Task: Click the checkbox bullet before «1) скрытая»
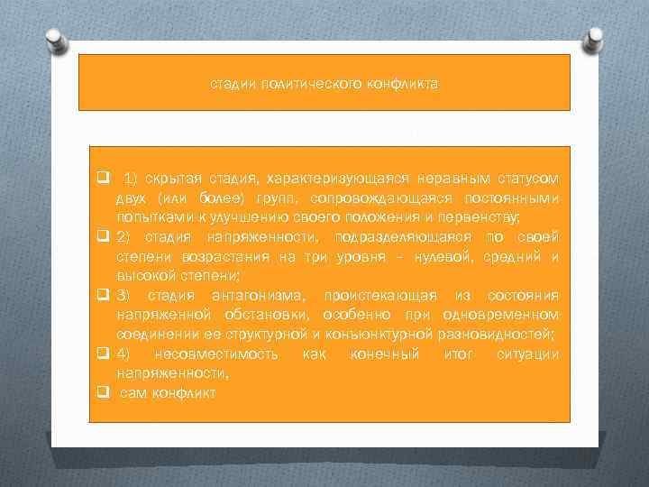pos(104,176)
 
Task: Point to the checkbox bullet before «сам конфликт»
pos(104,392)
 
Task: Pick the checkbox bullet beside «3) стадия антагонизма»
pos(104,295)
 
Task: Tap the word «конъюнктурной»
pos(385,335)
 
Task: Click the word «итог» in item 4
pos(459,354)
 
